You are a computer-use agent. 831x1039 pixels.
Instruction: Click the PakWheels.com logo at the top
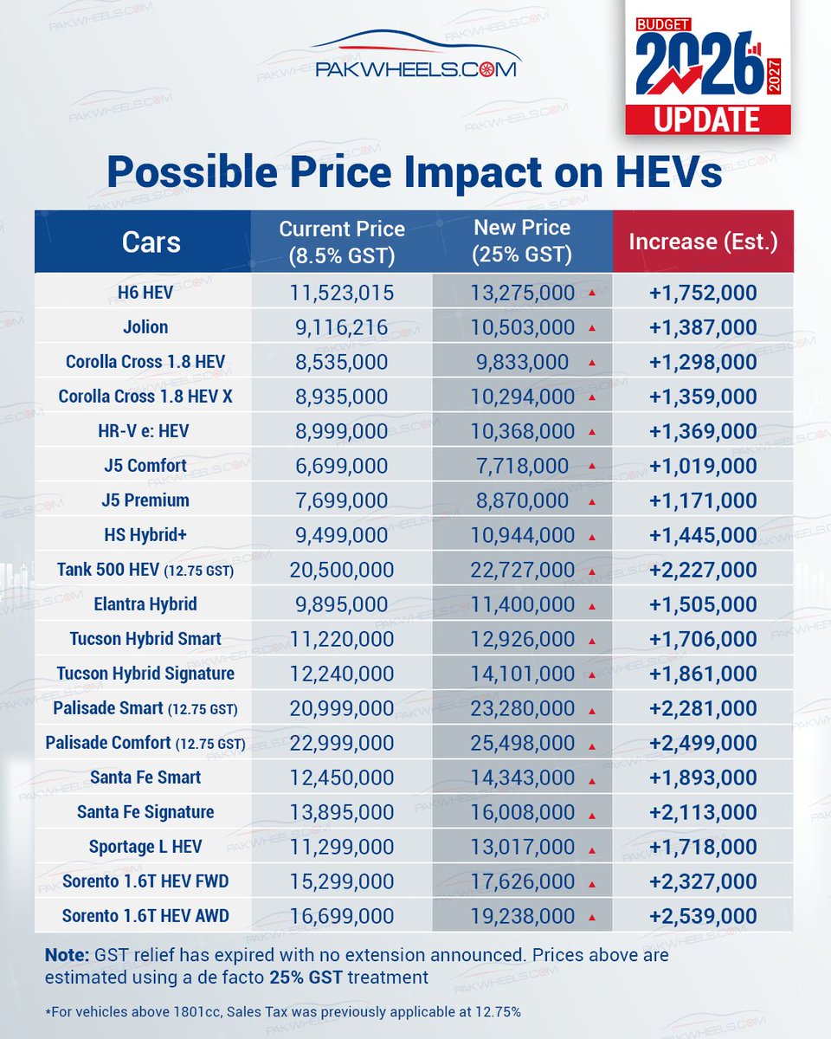(416, 54)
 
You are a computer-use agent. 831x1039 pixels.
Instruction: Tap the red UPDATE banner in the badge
(708, 119)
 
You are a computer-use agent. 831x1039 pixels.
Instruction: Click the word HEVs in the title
(669, 172)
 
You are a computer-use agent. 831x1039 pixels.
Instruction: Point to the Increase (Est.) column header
(703, 242)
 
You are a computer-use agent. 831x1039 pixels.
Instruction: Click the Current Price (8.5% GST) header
(342, 242)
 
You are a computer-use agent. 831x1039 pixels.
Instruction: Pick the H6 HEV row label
(145, 293)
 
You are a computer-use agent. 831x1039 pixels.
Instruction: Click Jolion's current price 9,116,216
(342, 328)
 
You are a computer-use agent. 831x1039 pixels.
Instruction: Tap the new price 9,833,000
(523, 363)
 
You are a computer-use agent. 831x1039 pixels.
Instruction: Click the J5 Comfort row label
(145, 466)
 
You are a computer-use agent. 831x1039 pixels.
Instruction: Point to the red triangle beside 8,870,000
(592, 502)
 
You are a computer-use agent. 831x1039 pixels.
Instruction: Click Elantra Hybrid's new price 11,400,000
(523, 605)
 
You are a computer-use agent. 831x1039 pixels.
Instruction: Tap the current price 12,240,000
(342, 674)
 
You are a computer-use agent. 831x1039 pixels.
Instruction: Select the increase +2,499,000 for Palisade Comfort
(703, 743)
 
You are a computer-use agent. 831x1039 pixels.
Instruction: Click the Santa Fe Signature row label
(145, 812)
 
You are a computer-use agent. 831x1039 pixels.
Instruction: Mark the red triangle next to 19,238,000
(592, 917)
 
